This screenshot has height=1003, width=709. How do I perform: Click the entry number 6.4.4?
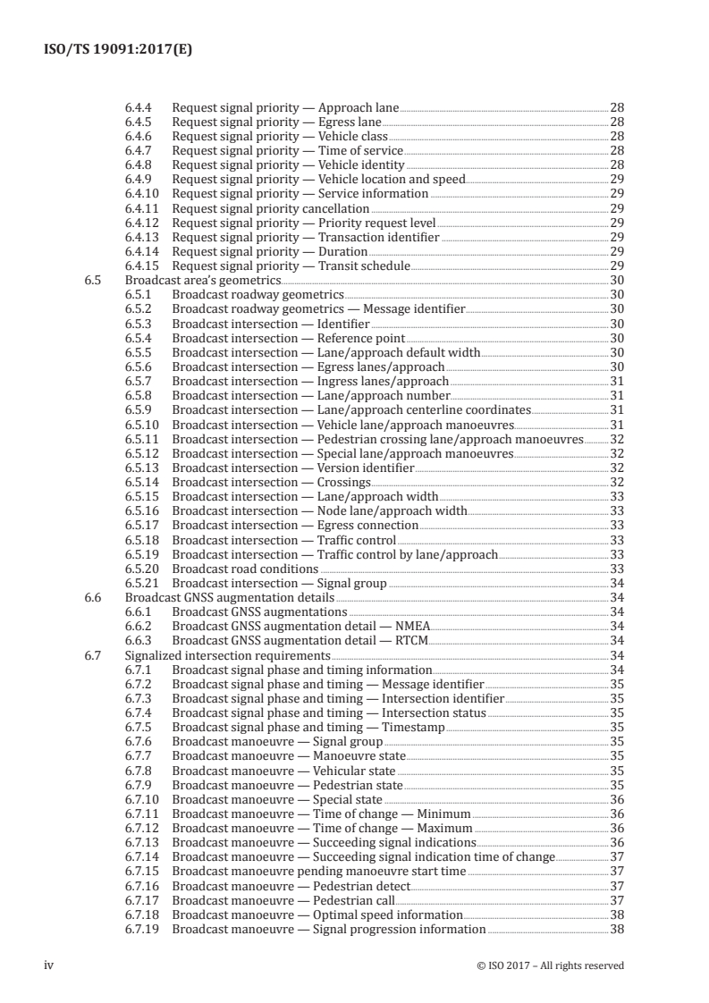tap(139, 106)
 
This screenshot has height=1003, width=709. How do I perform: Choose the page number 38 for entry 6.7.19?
tap(616, 929)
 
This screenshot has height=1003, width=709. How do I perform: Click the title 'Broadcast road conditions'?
tap(245, 569)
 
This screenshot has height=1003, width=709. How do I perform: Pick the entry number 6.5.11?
tap(141, 439)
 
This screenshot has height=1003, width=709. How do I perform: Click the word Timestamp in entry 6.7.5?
tap(413, 727)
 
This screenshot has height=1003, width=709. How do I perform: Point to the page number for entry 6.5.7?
tap(616, 381)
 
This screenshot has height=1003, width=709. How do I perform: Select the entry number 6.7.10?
tap(141, 799)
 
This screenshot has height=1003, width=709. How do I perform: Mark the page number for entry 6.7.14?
tap(616, 856)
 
